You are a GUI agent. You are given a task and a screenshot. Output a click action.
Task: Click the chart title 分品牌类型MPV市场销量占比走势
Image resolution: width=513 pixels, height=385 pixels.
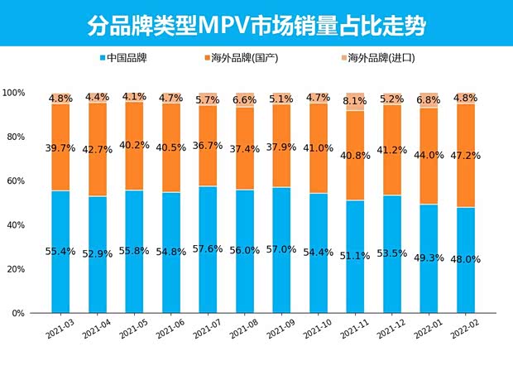256,25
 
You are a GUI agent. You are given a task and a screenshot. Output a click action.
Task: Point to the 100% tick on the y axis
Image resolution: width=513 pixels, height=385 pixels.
14,93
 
